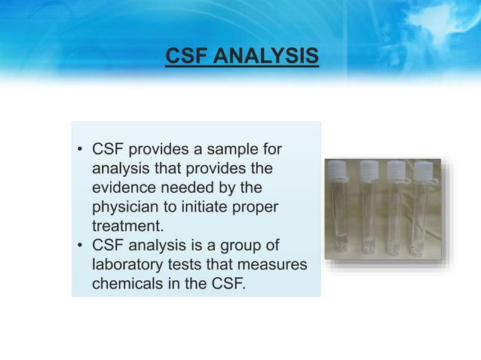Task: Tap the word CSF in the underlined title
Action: click(183, 56)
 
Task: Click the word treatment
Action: click(127, 227)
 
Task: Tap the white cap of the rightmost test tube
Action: click(420, 168)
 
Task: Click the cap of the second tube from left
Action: click(369, 168)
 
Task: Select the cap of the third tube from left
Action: click(394, 168)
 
